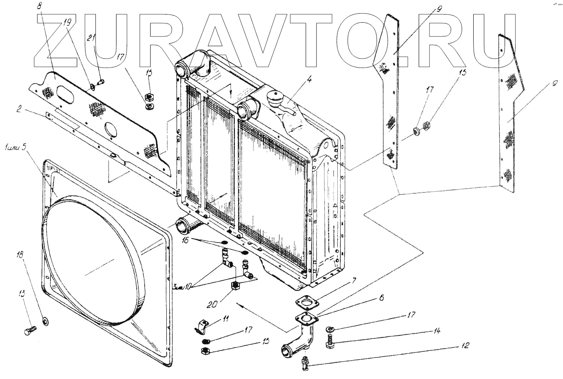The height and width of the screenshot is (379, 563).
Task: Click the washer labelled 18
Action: point(45,320)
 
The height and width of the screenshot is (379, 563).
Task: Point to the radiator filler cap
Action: point(274,95)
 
